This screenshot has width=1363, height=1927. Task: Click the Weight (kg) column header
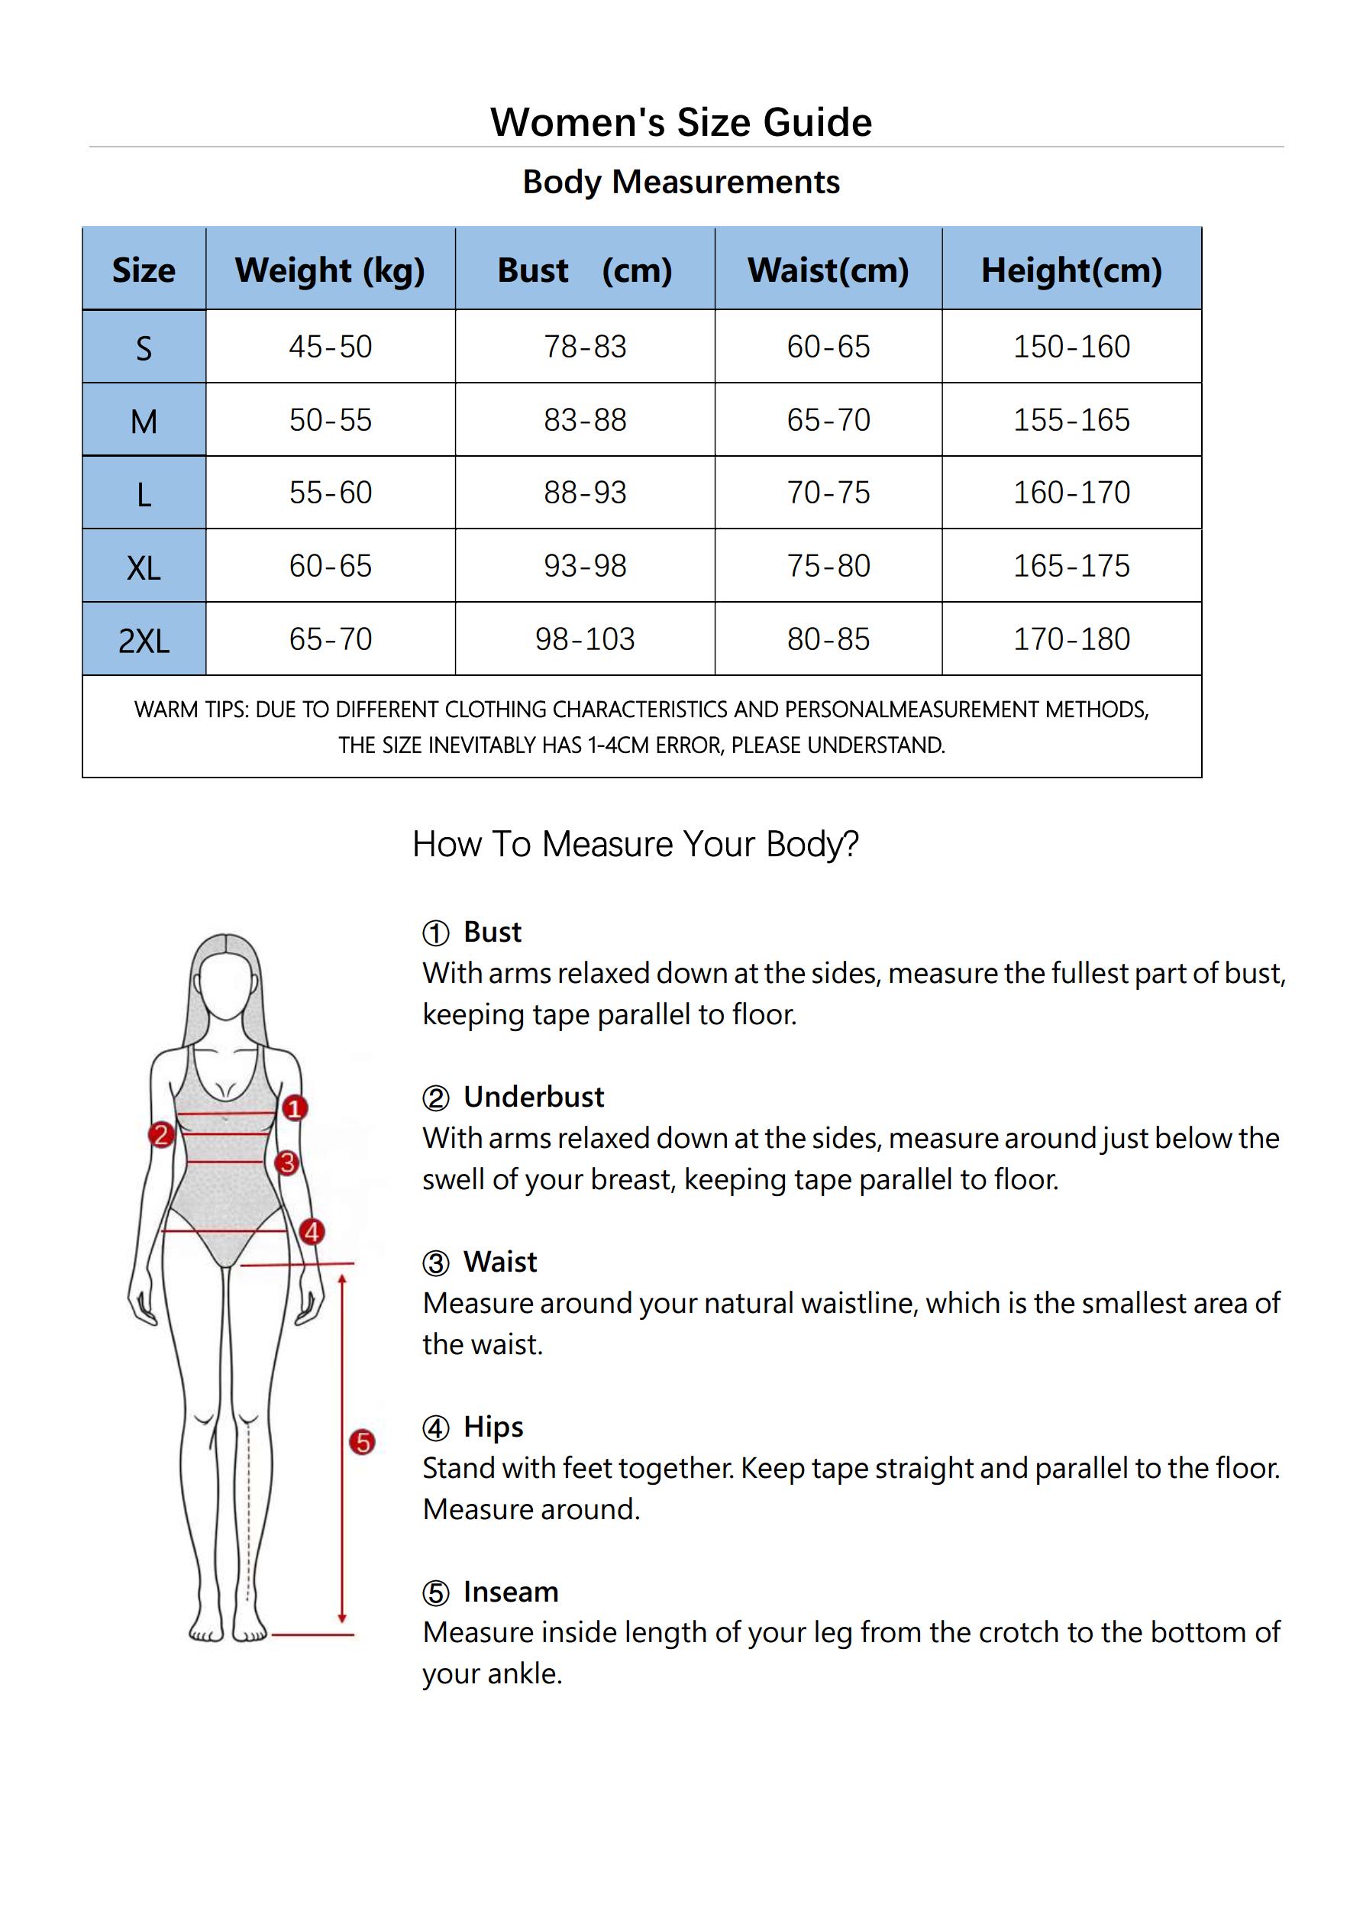point(330,270)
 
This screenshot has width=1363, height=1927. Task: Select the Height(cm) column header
point(1072,270)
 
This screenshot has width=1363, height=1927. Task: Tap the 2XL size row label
point(144,642)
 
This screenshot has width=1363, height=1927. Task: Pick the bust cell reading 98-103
point(585,639)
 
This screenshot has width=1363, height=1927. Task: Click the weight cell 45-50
point(331,347)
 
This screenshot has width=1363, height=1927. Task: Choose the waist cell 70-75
point(828,493)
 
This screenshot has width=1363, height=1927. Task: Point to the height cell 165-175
point(1072,566)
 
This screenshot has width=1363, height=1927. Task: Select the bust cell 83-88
point(585,419)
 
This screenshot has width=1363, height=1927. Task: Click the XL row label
point(144,568)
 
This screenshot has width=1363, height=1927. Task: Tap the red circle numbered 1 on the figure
point(294,1109)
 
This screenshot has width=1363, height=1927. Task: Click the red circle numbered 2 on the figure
point(161,1136)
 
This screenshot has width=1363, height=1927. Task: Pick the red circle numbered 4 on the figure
point(312,1232)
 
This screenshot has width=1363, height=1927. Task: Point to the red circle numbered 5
point(362,1442)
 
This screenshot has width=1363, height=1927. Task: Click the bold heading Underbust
point(534,1097)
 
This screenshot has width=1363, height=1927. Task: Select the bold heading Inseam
point(511,1592)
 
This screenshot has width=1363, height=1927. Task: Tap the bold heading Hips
point(493,1427)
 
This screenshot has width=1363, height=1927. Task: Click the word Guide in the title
point(818,122)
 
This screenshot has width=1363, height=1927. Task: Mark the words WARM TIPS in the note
point(191,710)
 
